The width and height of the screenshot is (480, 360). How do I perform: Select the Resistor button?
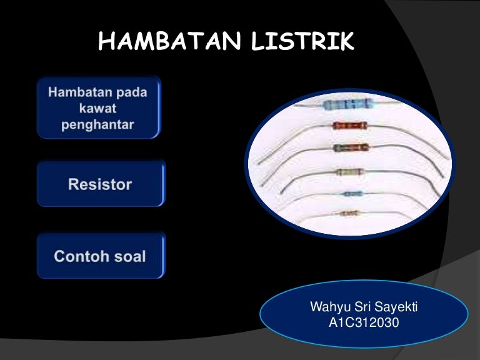point(100,184)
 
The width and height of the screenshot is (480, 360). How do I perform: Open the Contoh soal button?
point(100,256)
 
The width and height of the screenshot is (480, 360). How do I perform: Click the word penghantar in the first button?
point(98,124)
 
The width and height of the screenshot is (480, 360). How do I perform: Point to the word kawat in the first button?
point(98,109)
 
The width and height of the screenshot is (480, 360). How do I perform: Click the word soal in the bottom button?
point(131,256)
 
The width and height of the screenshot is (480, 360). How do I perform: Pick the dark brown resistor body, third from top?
point(351,147)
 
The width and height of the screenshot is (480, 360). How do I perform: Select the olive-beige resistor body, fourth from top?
point(348,172)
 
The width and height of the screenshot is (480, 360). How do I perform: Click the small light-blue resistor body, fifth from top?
point(352,194)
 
